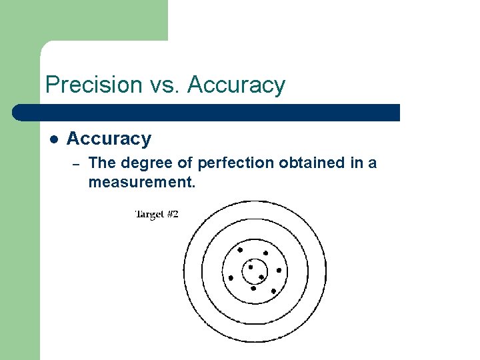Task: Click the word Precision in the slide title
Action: [x=93, y=85]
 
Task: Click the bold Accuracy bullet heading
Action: [x=109, y=139]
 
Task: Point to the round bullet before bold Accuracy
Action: [x=54, y=139]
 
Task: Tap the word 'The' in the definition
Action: [x=100, y=163]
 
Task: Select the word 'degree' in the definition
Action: [x=139, y=163]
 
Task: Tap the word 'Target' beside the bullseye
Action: [x=148, y=214]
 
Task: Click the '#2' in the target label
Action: [x=171, y=214]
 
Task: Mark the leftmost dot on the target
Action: [x=231, y=277]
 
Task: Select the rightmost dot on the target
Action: [x=279, y=271]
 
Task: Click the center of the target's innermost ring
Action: [x=254, y=272]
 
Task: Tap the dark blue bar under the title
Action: [x=207, y=112]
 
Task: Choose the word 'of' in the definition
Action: [x=173, y=163]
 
